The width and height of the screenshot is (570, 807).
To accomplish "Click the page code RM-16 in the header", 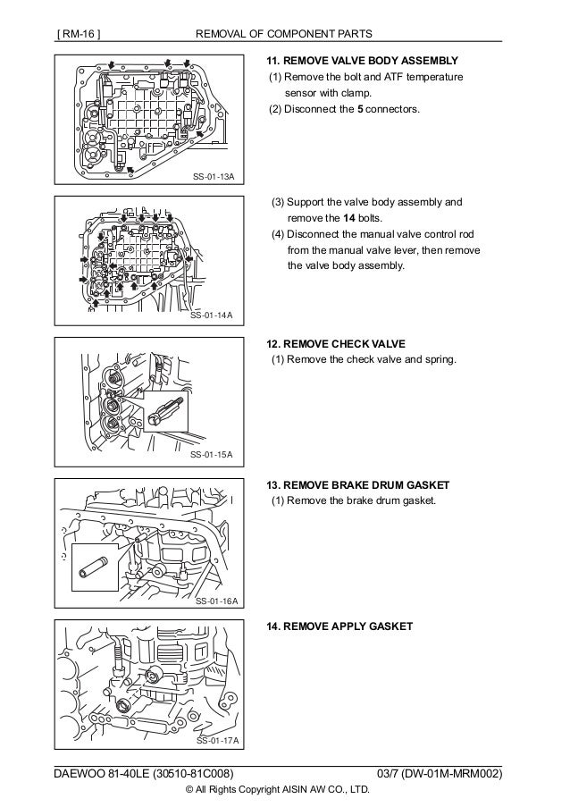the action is click(80, 35).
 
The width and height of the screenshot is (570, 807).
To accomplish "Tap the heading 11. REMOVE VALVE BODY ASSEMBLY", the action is click(363, 61).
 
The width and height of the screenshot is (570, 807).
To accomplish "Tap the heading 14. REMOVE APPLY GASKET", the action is click(339, 626).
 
